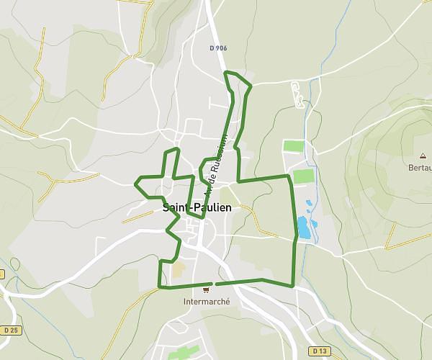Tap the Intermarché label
pyautogui.click(x=207, y=302)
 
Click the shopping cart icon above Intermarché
pyautogui.click(x=207, y=290)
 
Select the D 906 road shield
pyautogui.click(x=218, y=48)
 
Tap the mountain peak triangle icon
pyautogui.click(x=423, y=156)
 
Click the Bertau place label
pyautogui.click(x=420, y=168)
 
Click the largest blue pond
pyautogui.click(x=304, y=230)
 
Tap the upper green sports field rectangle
pyautogui.click(x=294, y=146)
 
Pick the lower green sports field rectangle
pyautogui.click(x=303, y=176)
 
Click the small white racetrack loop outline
pyautogui.click(x=297, y=96)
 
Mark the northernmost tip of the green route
pyautogui.click(x=227, y=73)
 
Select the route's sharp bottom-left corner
pyautogui.click(x=159, y=287)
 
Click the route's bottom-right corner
pyautogui.click(x=293, y=286)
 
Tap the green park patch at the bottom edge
pyautogui.click(x=184, y=353)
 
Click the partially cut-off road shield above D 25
pyautogui.click(x=2, y=274)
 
